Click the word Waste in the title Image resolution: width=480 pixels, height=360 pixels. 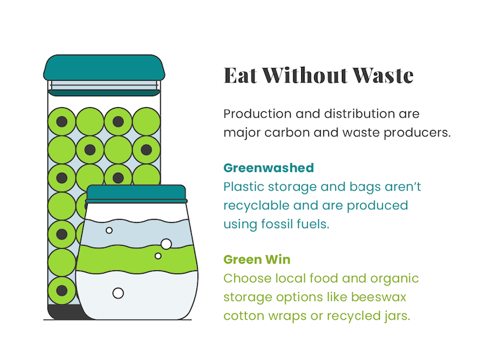(382, 75)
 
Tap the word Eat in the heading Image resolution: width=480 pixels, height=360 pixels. (240, 75)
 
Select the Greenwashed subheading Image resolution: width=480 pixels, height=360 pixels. (269, 168)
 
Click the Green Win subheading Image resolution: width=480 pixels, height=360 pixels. (257, 260)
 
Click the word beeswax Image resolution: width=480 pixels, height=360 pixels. (379, 297)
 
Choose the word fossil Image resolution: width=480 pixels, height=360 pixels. (277, 224)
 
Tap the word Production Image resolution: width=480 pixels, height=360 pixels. (258, 114)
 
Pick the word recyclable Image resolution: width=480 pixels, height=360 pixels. (256, 205)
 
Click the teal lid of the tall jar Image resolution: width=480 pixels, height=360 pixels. (104, 68)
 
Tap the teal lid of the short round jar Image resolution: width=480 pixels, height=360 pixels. (136, 193)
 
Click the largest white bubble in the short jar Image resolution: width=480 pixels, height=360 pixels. (167, 244)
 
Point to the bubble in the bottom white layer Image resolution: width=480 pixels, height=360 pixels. (118, 293)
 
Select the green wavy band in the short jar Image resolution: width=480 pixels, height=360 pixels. (136, 259)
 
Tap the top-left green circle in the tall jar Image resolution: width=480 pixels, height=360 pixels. (62, 122)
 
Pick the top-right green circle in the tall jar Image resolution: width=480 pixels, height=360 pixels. (146, 122)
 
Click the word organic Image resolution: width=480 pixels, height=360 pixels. (394, 279)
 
